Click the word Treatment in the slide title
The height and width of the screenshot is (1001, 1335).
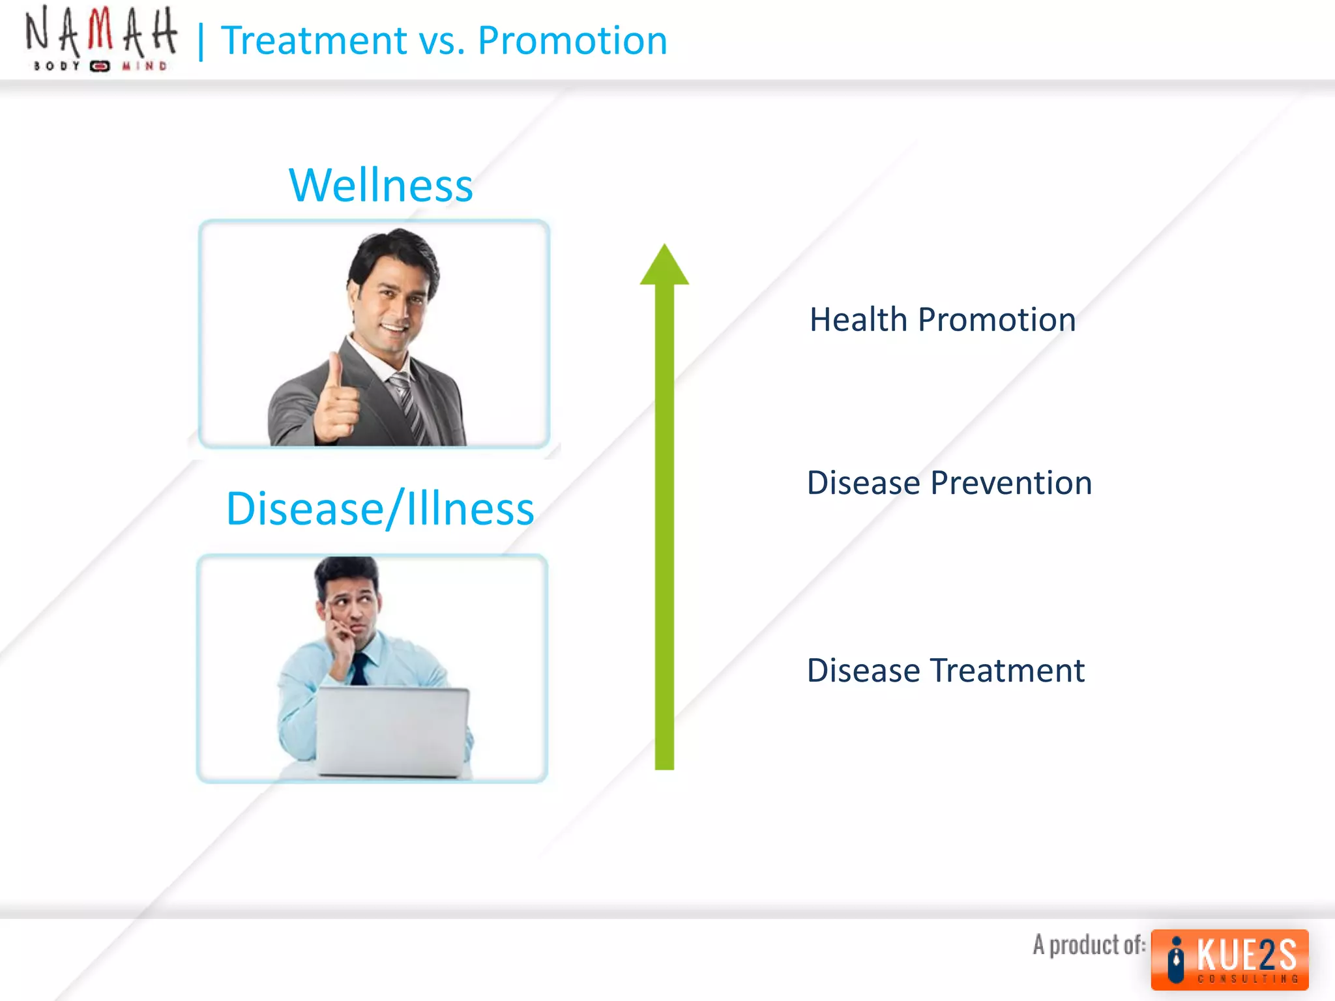[314, 40]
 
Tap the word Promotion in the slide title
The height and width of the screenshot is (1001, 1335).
[572, 40]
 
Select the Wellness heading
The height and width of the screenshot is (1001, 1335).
[381, 185]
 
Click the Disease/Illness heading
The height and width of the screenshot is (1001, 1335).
[380, 508]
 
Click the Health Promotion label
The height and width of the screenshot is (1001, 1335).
[943, 319]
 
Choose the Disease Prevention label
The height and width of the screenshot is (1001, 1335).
[949, 483]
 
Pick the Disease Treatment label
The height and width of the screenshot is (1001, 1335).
[946, 670]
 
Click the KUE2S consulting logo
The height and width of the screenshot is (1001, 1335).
[1229, 959]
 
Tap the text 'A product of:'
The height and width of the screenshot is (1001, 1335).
[1089, 944]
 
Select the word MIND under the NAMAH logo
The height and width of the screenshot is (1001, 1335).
[145, 66]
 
